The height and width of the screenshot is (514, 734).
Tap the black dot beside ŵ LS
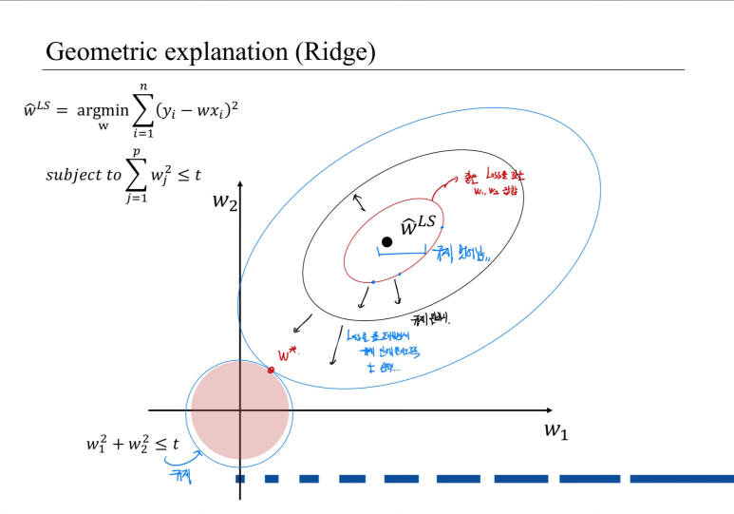(386, 241)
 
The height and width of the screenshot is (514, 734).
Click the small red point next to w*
(271, 370)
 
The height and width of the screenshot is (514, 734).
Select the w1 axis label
(556, 429)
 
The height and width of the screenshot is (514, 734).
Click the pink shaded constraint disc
(240, 409)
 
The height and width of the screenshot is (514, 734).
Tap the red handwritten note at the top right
(493, 181)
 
